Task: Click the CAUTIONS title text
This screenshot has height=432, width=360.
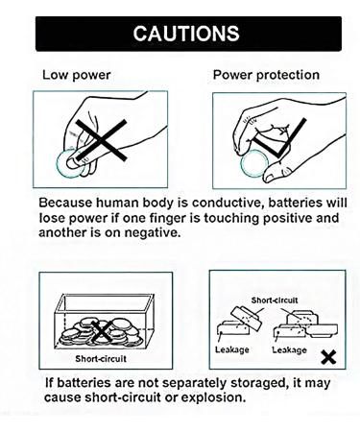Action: pos(186,34)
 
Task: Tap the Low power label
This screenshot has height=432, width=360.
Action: pos(77,75)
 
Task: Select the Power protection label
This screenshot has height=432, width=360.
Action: pos(266,75)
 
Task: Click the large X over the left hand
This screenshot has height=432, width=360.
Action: pos(101,140)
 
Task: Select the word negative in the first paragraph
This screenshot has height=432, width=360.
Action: pos(153,232)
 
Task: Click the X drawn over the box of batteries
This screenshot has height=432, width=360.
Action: pos(103,332)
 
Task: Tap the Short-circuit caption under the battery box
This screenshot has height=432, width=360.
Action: pos(101,358)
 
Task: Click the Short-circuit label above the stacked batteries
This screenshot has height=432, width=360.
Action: pos(275,300)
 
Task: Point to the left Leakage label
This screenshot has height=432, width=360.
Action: pos(232,349)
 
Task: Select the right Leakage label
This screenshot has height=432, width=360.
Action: pos(289,349)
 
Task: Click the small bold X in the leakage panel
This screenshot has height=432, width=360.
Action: pos(328,357)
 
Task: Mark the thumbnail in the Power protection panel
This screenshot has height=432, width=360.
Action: pos(269,177)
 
